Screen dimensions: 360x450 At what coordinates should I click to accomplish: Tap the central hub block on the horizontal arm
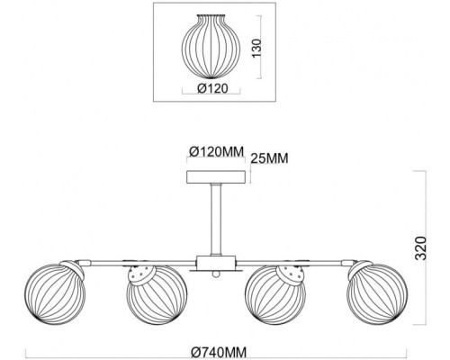[x=216, y=262]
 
